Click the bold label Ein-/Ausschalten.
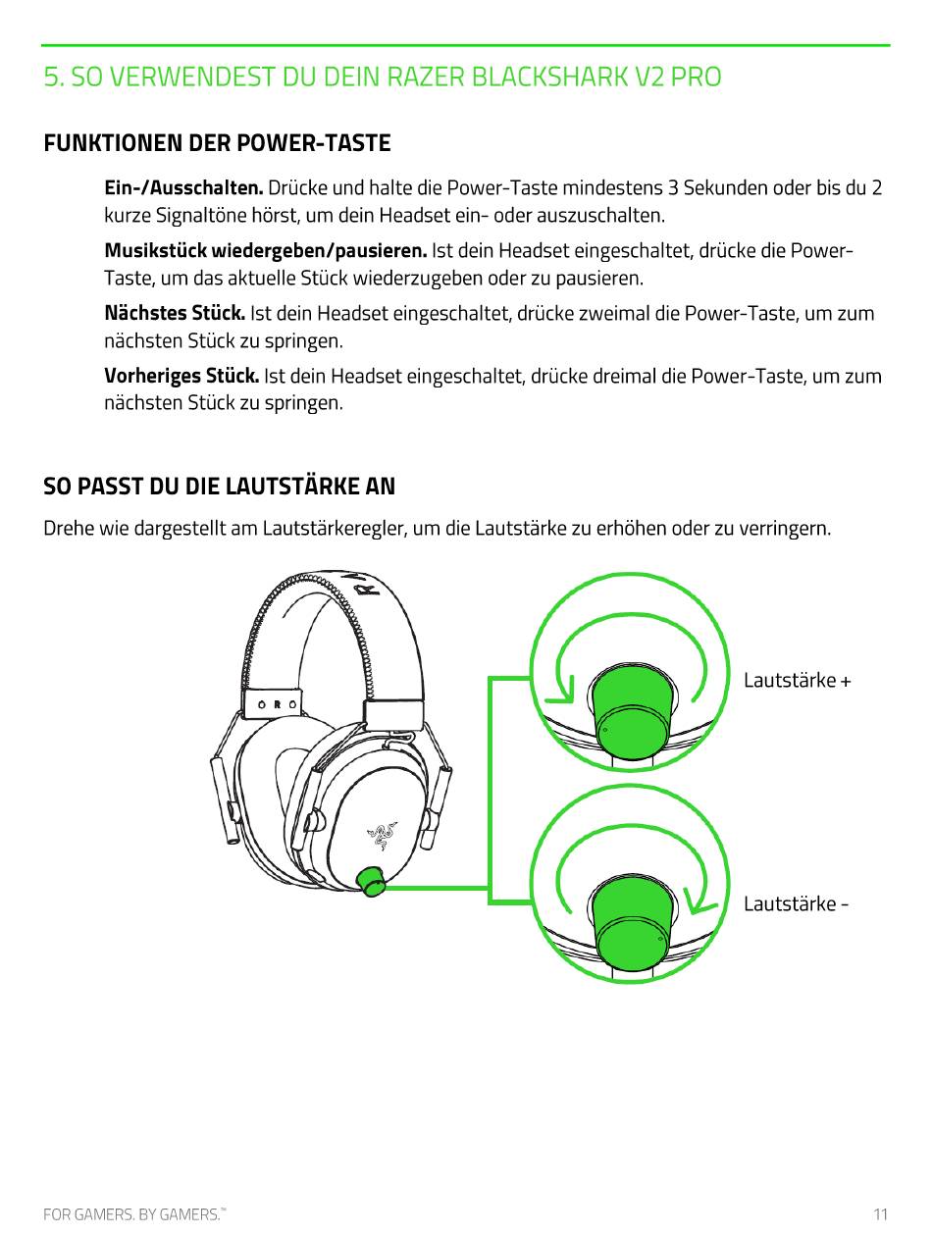[x=183, y=187]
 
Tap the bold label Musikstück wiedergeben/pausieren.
[x=265, y=250]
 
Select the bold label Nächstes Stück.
[x=175, y=314]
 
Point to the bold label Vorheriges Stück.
[x=181, y=377]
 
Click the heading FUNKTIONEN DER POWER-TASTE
[x=217, y=143]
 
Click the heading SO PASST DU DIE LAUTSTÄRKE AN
[x=219, y=487]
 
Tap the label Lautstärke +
[x=797, y=680]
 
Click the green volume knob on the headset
[x=371, y=880]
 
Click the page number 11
[x=881, y=1214]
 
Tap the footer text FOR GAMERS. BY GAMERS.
[x=133, y=1214]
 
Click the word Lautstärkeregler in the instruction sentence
[x=334, y=529]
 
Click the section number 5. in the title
[x=55, y=77]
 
